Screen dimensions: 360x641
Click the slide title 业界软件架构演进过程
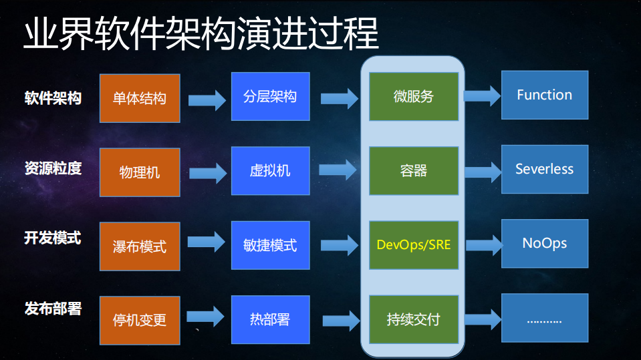point(201,33)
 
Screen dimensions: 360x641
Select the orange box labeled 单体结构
point(140,98)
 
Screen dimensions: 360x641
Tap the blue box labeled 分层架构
point(270,97)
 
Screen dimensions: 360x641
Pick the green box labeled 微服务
point(414,97)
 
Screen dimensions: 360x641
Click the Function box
point(544,95)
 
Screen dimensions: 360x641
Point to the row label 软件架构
point(53,98)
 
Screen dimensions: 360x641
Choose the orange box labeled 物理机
point(140,172)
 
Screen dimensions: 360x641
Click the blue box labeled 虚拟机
point(270,170)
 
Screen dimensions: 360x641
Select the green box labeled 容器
point(414,171)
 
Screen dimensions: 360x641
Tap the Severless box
point(544,169)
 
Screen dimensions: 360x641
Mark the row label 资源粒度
point(53,168)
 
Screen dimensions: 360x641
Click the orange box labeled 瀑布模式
point(140,246)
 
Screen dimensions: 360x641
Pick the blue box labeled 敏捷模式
point(270,245)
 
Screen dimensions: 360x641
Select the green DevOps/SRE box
point(414,245)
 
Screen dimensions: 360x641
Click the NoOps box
point(544,243)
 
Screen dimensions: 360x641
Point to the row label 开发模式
point(53,238)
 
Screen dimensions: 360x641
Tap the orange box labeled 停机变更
point(140,321)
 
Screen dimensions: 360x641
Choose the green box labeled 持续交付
point(414,319)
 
